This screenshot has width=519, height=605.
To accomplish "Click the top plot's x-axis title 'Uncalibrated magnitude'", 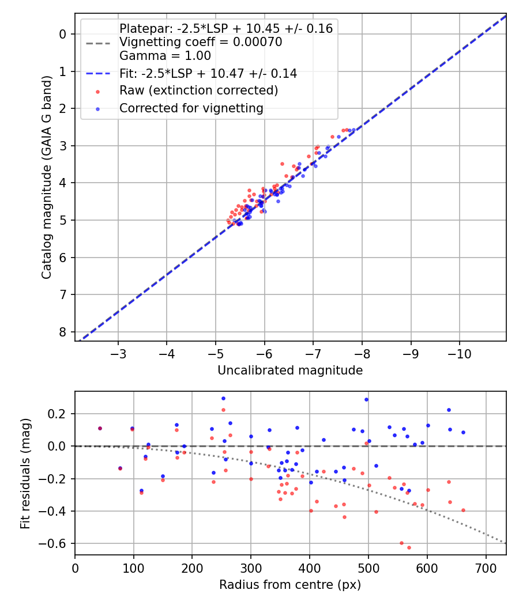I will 290,370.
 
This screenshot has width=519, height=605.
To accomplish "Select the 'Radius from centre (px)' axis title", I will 290,585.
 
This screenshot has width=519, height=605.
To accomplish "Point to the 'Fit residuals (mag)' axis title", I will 25,473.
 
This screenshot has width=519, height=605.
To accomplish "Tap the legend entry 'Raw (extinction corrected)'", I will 198,90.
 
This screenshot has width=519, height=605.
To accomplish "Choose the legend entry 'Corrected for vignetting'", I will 191,108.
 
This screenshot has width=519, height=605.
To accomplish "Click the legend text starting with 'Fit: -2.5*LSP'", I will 208,73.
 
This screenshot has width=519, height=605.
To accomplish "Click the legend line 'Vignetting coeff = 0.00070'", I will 201,42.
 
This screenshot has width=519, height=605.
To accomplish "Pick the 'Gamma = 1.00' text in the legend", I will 165,56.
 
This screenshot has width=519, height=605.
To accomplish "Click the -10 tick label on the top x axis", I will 460,352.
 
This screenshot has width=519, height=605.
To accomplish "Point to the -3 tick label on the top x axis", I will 118,352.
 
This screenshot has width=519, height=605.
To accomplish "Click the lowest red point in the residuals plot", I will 409,547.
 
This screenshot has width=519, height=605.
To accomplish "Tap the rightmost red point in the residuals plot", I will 463,510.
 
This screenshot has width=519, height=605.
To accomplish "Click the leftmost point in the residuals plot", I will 100,428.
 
